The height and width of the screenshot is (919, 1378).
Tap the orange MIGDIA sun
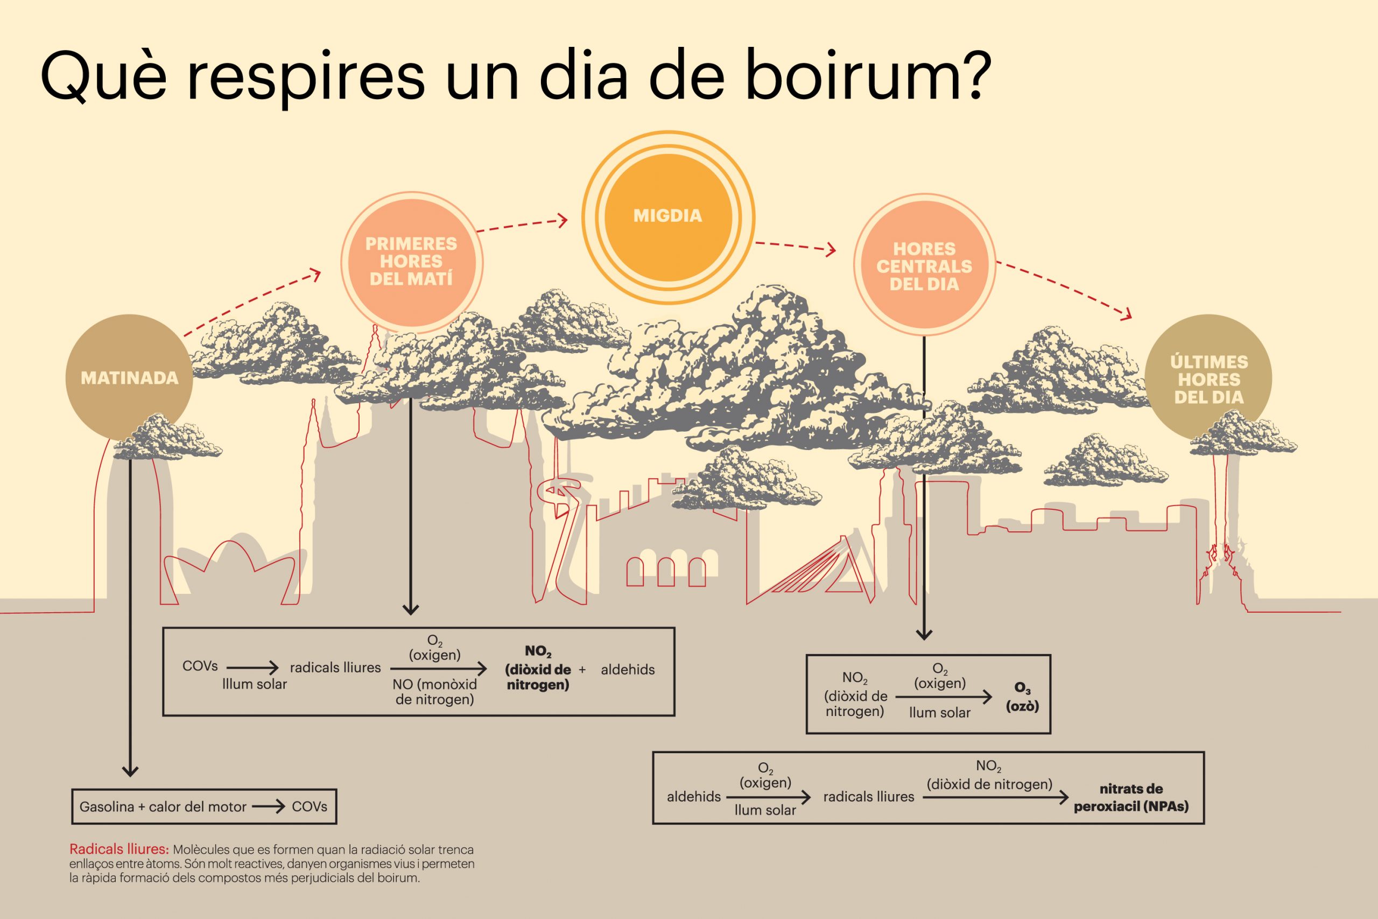(x=668, y=217)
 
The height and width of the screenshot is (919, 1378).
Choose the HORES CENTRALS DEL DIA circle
(x=925, y=265)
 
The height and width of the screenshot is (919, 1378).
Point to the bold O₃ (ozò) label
(x=1022, y=697)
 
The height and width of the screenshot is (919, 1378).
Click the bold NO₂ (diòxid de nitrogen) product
(x=538, y=668)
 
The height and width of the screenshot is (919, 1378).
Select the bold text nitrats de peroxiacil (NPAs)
(x=1131, y=798)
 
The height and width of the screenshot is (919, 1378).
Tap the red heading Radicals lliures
(x=119, y=848)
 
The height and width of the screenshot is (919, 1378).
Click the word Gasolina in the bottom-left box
(x=107, y=807)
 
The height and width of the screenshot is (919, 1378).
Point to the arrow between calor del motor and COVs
(x=269, y=807)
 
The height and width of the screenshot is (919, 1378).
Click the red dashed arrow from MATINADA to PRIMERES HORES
(x=252, y=303)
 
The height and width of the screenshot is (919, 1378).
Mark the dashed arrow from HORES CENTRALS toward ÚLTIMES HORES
(x=1064, y=290)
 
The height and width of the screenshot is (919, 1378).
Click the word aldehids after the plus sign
(x=628, y=669)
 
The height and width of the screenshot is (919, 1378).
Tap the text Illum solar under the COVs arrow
(x=254, y=684)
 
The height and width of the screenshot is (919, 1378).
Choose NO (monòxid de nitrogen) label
(x=435, y=692)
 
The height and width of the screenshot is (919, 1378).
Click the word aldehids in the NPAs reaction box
(x=694, y=796)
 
